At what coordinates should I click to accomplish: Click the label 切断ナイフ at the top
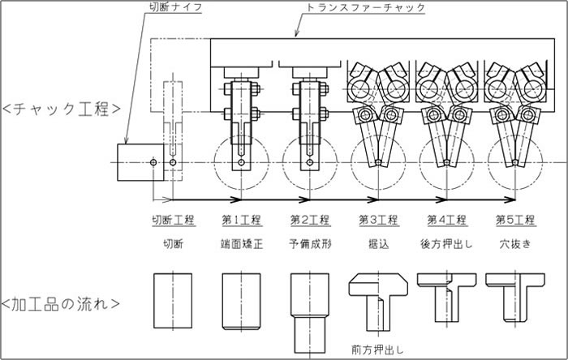(x=174, y=9)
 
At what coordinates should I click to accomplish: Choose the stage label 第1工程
(x=241, y=220)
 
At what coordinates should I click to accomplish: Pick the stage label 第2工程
(x=309, y=220)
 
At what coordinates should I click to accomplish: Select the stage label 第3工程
(x=377, y=220)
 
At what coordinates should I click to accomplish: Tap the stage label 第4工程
(x=446, y=220)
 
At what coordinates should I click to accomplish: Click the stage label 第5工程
(x=514, y=220)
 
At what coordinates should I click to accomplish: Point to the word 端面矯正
(x=241, y=242)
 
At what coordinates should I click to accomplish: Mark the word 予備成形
(x=309, y=242)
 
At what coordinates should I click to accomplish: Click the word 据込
(x=377, y=242)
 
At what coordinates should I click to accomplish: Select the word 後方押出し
(x=446, y=242)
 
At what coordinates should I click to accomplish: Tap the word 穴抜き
(x=514, y=242)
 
